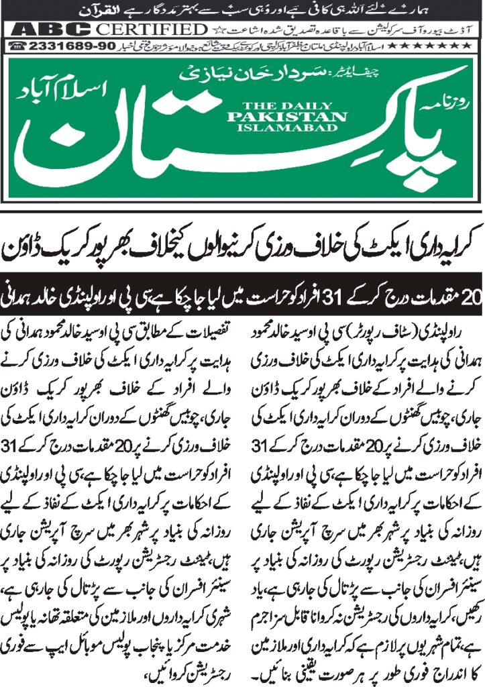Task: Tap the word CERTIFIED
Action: coord(152,30)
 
